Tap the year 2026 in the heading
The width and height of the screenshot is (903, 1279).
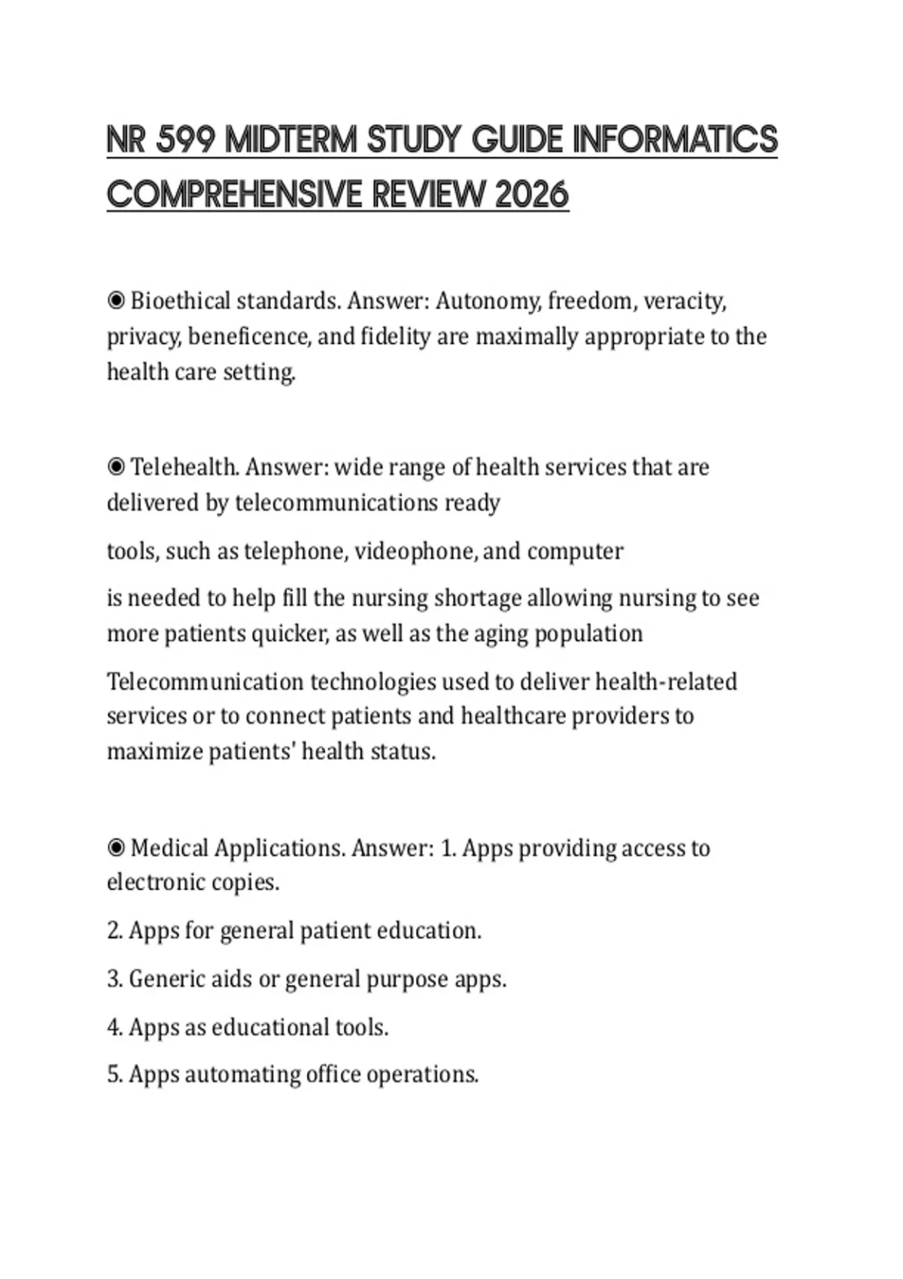(x=532, y=195)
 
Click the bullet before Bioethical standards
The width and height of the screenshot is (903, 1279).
(x=116, y=301)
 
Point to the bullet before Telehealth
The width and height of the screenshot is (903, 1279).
(x=116, y=467)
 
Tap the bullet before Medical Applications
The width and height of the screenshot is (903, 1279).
(x=116, y=848)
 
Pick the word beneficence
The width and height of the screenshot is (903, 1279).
(x=249, y=336)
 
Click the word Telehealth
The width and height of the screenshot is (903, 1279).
(x=185, y=467)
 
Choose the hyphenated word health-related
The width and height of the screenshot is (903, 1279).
(x=666, y=682)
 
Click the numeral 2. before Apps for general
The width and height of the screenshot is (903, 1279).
(x=114, y=931)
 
